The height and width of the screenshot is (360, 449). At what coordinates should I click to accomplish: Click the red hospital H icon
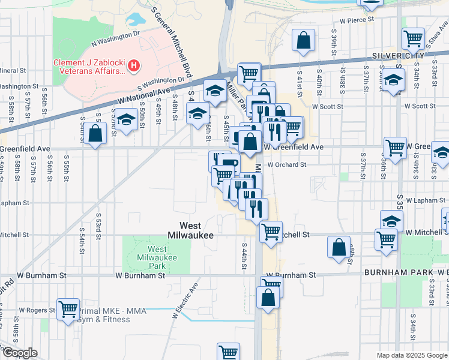pos(134,65)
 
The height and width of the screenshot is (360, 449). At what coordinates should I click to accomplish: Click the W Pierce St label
pos(357,20)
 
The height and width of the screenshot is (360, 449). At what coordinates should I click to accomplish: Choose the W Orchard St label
pos(287,164)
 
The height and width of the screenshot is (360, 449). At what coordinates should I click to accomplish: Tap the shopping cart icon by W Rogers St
pos(68,310)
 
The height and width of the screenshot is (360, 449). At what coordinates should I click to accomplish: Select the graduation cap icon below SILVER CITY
pos(393,79)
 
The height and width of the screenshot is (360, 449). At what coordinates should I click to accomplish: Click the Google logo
pos(20,353)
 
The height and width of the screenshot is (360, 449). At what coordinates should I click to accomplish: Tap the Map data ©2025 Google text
pos(412,355)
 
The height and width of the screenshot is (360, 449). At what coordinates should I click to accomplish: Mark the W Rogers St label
pos(37,310)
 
